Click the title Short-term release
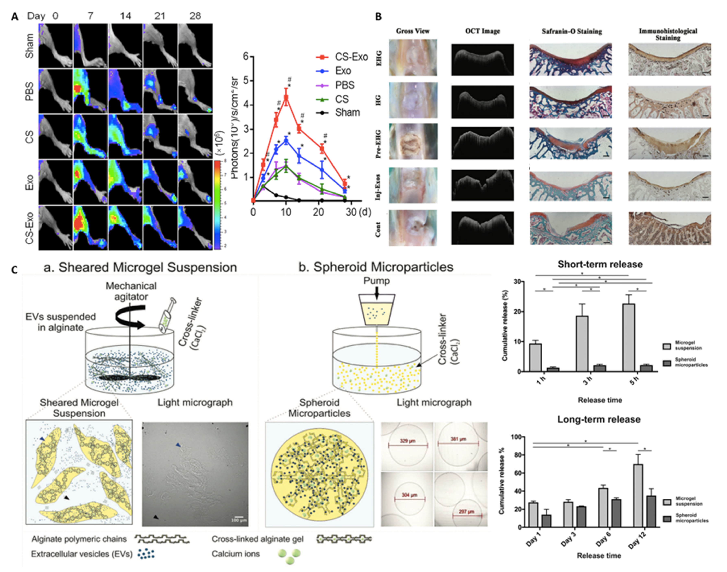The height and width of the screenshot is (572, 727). pos(600,265)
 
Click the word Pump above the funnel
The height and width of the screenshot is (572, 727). pos(377,281)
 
